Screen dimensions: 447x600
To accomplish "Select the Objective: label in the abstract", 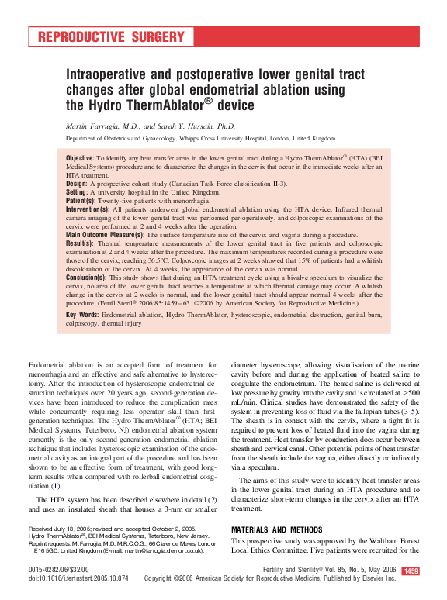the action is pyautogui.click(x=81, y=157).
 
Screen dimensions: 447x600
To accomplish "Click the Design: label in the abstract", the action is pyautogui.click(x=79, y=183).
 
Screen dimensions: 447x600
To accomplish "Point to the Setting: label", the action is pyautogui.click(x=80, y=191).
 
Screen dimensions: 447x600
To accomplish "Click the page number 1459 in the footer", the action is pyautogui.click(x=411, y=571).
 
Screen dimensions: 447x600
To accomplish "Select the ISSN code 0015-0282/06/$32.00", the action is pyautogui.click(x=61, y=570).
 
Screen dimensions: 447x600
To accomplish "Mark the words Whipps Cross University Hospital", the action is pyautogui.click(x=220, y=140).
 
